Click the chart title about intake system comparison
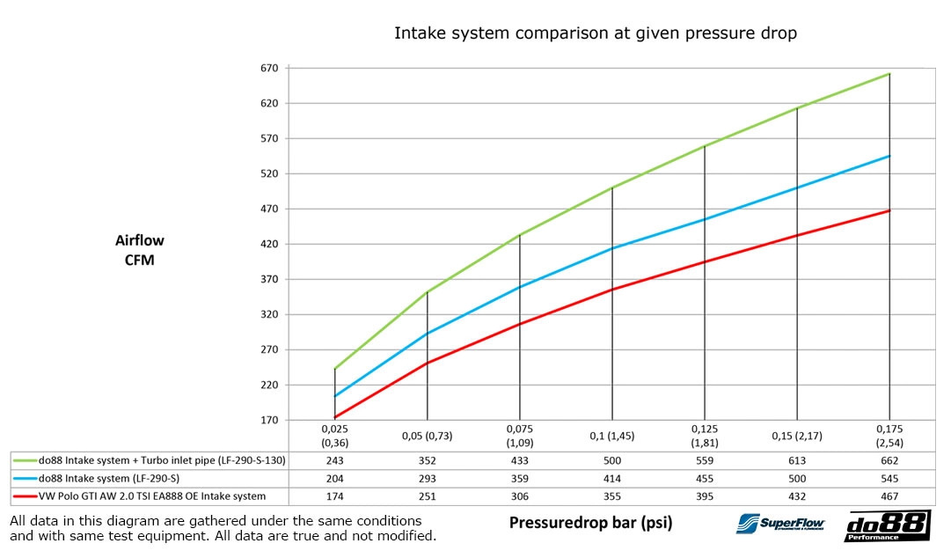click(595, 34)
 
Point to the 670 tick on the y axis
click(268, 68)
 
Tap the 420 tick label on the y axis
click(268, 244)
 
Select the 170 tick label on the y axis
click(268, 420)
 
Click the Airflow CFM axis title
click(139, 250)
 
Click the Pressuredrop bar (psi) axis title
click(590, 523)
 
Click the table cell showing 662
click(889, 460)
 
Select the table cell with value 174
click(334, 496)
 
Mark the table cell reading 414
click(611, 478)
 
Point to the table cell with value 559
click(705, 460)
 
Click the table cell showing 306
click(519, 496)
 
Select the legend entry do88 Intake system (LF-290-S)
click(114, 478)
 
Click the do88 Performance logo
click(887, 525)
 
